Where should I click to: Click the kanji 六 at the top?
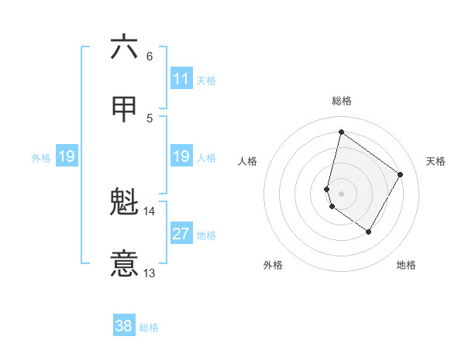[x=124, y=47]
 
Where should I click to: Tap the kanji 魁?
[x=124, y=203]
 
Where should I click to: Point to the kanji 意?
[x=124, y=264]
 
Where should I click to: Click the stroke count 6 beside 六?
[x=150, y=57]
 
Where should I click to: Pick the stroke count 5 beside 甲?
[x=150, y=118]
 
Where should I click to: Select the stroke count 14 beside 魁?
[x=150, y=211]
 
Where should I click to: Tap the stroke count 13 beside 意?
[x=150, y=273]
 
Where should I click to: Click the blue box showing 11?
[x=181, y=79]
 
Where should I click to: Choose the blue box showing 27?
[x=181, y=234]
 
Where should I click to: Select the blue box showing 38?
[x=124, y=326]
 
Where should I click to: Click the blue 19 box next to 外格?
[x=66, y=157]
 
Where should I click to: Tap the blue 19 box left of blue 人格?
[x=181, y=157]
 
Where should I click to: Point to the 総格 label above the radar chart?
[x=342, y=101]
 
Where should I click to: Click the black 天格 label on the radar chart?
[x=436, y=161]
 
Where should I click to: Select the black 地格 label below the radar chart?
[x=406, y=265]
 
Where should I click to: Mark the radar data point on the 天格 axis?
[x=401, y=174]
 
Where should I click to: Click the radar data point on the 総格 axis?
[x=341, y=132]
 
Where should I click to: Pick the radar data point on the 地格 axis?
[x=369, y=232]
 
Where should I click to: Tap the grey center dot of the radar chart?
[x=341, y=193]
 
